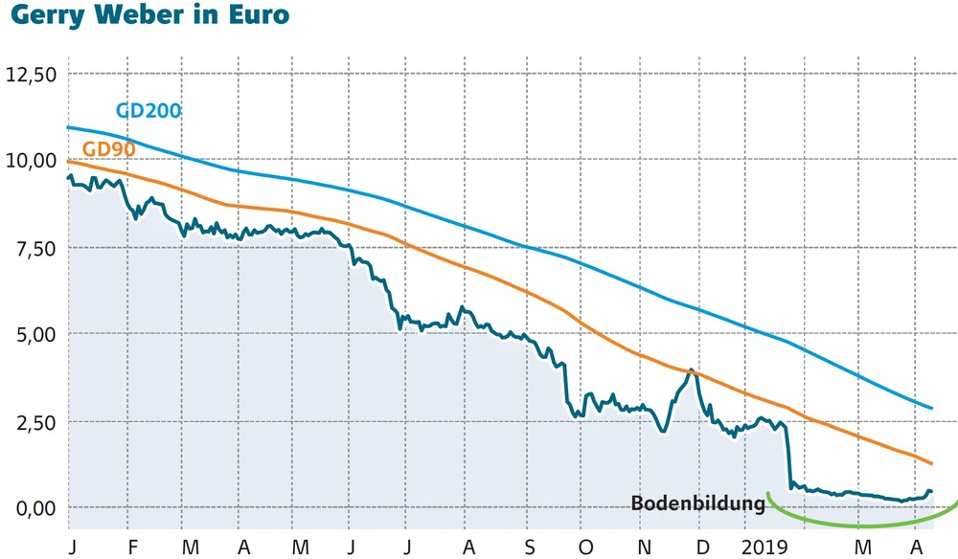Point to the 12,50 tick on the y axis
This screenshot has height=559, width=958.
click(32, 74)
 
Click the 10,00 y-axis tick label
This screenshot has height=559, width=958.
click(32, 161)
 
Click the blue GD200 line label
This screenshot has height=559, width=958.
click(148, 110)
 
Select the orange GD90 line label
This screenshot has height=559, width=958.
click(108, 149)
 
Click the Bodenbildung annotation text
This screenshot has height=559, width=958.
click(697, 503)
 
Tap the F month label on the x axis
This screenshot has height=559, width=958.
click(132, 547)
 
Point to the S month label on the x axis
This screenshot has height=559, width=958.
click(530, 547)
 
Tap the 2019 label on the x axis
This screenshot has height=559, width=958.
click(764, 547)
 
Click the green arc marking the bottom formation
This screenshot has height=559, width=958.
click(860, 525)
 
